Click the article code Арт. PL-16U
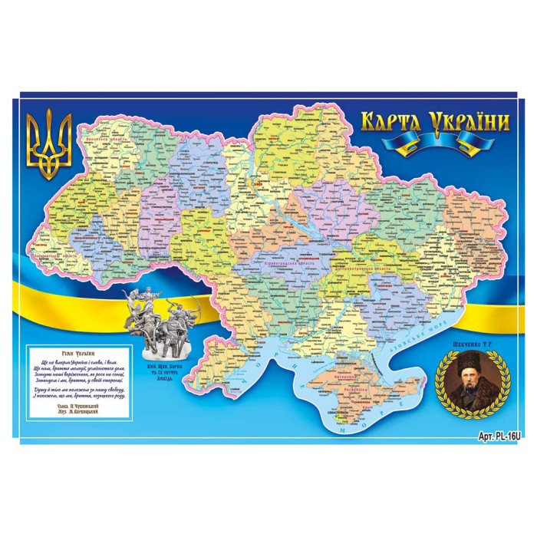499,435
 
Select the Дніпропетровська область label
362,269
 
